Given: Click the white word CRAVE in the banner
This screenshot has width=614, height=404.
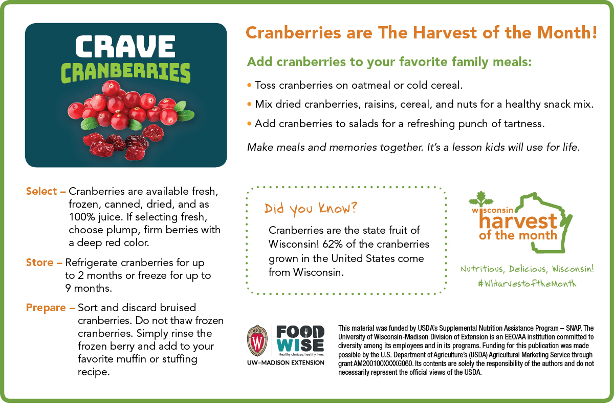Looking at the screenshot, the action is (x=125, y=47).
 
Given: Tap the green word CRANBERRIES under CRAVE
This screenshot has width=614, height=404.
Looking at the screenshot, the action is (x=125, y=73).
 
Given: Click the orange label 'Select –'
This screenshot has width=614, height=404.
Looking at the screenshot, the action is (x=46, y=191).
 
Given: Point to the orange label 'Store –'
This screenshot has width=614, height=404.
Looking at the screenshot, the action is (x=44, y=262).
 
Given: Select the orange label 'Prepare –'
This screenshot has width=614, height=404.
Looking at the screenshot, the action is (x=51, y=308).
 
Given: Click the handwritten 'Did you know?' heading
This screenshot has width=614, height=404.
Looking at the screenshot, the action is (x=311, y=208).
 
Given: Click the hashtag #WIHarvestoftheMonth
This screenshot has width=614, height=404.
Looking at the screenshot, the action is (x=527, y=284).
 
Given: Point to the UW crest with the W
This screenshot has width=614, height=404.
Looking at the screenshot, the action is (x=257, y=341).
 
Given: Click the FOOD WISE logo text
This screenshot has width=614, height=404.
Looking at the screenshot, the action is (x=300, y=339).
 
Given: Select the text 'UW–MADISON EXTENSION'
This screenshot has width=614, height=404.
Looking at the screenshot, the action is (x=286, y=363).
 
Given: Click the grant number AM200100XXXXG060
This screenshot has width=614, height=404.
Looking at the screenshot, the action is (x=383, y=363).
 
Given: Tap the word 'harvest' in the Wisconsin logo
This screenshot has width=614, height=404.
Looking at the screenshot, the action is (x=518, y=221).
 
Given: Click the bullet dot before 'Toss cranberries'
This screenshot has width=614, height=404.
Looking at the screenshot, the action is (x=249, y=85).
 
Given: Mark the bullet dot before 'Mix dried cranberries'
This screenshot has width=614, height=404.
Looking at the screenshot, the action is (x=249, y=104).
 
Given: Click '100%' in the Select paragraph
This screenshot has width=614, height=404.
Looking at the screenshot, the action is (x=82, y=217).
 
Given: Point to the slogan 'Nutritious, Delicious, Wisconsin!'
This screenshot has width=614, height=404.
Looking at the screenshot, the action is (x=527, y=269).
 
